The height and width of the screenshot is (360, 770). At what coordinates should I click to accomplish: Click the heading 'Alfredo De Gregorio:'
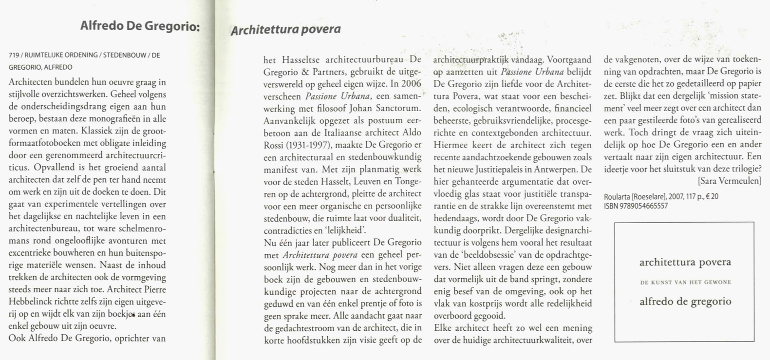(x=140, y=25)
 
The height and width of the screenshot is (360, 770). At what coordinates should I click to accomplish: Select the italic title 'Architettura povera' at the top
(x=285, y=30)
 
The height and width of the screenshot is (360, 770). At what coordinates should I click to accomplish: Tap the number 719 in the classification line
(x=14, y=56)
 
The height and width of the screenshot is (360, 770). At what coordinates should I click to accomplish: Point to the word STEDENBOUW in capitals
(x=124, y=56)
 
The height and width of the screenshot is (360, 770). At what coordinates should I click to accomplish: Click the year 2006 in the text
(x=412, y=83)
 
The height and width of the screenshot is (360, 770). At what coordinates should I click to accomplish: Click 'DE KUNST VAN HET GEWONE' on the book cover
(x=685, y=282)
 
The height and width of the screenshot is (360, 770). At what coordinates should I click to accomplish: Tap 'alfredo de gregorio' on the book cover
(x=685, y=302)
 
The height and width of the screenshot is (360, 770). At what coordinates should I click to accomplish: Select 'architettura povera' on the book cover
(x=685, y=263)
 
